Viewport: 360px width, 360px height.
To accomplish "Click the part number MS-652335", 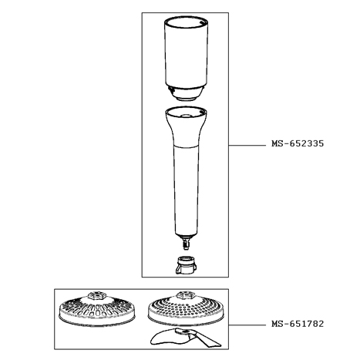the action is [298, 143].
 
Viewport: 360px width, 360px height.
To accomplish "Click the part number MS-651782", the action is [298, 324].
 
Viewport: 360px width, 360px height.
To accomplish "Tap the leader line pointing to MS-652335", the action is [247, 146].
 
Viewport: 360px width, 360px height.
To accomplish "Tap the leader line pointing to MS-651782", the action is [247, 325].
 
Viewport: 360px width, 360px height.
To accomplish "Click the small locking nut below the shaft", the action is [186, 265].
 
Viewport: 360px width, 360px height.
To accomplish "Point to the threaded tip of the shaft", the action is [186, 244].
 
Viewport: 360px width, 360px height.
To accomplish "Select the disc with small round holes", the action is [187, 308].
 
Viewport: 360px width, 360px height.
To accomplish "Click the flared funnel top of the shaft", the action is [186, 126].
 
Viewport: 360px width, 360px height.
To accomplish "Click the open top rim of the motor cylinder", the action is [186, 22].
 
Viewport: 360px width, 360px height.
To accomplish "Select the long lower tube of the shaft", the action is [186, 191].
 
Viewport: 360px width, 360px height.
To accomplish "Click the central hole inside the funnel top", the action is [186, 116].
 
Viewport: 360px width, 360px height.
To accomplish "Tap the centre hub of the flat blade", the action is [183, 332].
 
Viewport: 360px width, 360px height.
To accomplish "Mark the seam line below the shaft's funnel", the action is [186, 147].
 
